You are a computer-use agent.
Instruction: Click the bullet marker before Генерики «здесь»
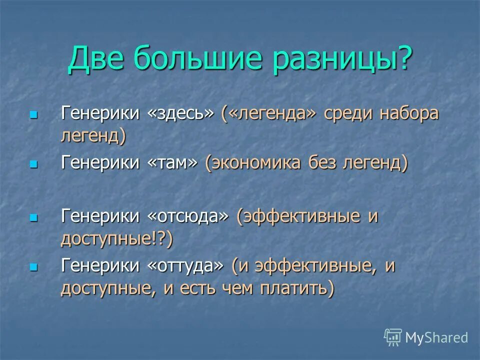[x=33, y=115]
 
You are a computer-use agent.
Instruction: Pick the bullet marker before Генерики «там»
[x=33, y=164]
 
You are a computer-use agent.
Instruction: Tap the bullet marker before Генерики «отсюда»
[x=33, y=217]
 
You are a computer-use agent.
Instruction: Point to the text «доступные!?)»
[x=116, y=239]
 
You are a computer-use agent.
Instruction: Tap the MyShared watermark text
[x=436, y=337]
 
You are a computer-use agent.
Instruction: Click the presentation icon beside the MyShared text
[x=393, y=337]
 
